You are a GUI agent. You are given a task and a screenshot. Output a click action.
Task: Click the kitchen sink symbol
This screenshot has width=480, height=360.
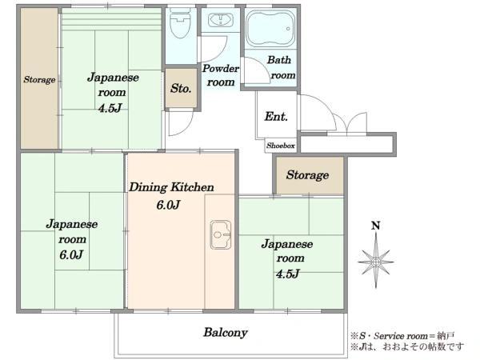220,234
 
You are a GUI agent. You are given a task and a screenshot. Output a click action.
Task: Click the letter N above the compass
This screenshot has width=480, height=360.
374,226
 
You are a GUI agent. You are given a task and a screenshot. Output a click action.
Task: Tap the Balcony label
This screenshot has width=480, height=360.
225,332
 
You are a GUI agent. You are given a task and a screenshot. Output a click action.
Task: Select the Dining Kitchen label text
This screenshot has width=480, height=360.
172,188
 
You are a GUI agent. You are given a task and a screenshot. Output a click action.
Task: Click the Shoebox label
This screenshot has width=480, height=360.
281,146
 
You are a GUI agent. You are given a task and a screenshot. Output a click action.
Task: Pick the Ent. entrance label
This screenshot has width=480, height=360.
276,117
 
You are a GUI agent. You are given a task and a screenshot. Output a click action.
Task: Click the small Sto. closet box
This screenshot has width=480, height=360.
181,89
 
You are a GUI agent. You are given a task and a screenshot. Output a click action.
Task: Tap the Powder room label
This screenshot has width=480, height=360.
219,75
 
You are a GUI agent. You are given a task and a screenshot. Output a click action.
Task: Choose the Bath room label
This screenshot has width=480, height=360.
280,67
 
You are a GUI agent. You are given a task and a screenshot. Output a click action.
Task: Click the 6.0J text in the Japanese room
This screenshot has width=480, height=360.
70,254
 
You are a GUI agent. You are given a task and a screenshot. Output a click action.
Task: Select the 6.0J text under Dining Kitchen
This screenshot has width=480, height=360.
168,205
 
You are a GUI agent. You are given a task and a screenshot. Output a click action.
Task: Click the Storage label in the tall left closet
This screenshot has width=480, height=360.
39,80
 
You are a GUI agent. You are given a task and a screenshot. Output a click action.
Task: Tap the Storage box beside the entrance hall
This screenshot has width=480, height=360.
308,175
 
